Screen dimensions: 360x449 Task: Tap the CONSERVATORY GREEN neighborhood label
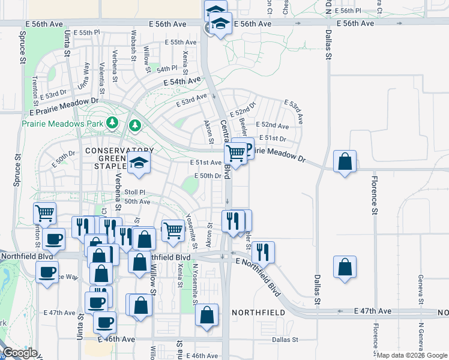tap(119, 151)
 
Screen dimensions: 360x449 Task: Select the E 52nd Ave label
tap(273, 125)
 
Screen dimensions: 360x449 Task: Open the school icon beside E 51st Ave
tap(139, 163)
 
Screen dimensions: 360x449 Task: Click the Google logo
tap(20, 353)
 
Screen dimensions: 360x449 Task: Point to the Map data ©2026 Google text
tap(412, 355)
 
